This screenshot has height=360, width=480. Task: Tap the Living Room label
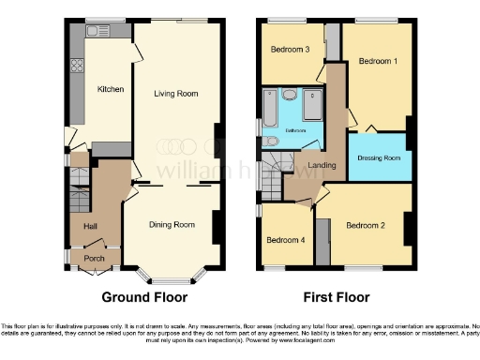click(x=176, y=93)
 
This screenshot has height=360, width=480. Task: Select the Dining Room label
click(x=172, y=225)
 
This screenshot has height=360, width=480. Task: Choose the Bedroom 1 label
click(x=378, y=61)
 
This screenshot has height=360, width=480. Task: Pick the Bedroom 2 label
click(x=366, y=225)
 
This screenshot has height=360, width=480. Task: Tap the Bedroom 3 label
click(x=291, y=50)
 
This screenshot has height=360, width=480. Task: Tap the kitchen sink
click(x=97, y=32)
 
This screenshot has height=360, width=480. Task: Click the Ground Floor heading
click(x=144, y=297)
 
